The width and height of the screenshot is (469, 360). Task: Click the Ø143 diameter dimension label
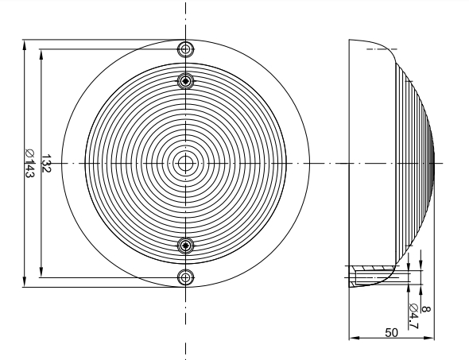pyautogui.click(x=29, y=163)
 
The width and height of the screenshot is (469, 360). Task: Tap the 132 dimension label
pyautogui.click(x=46, y=163)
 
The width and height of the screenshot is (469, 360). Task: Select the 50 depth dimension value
pyautogui.click(x=392, y=332)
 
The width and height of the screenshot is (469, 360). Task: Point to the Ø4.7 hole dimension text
pyautogui.click(x=413, y=316)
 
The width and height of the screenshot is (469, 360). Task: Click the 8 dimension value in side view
pyautogui.click(x=425, y=309)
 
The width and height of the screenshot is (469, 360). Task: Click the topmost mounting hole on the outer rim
pyautogui.click(x=186, y=48)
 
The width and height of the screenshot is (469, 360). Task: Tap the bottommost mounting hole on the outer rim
pyautogui.click(x=186, y=277)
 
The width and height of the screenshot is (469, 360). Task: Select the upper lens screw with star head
pyautogui.click(x=186, y=81)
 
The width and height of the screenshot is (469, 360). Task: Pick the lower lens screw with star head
pyautogui.click(x=186, y=246)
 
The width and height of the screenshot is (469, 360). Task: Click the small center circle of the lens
pyautogui.click(x=186, y=163)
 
